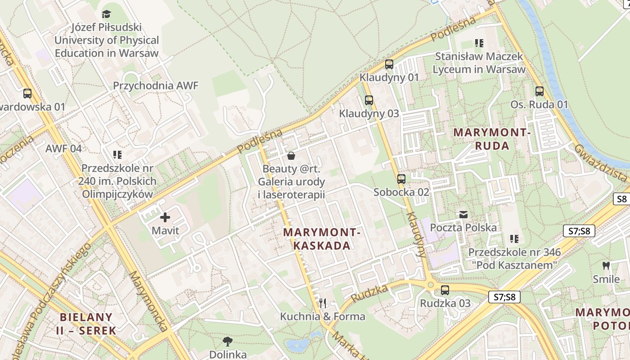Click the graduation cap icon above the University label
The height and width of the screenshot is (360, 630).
click(106, 14)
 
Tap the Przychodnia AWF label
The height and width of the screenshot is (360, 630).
click(155, 85)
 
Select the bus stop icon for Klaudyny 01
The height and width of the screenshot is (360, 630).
click(389, 64)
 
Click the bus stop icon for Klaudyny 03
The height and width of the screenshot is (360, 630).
click(369, 100)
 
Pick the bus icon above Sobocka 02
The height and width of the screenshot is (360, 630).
click(401, 179)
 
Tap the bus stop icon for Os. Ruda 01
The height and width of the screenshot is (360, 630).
click(539, 91)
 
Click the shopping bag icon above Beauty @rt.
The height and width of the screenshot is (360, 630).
click(291, 156)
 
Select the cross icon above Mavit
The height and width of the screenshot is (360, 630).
click(165, 217)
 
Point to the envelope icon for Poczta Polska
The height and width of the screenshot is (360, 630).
click(463, 215)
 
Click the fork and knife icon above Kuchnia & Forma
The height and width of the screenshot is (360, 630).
click(322, 303)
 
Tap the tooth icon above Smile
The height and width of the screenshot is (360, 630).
click(606, 265)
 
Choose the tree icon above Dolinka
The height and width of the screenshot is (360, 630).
click(228, 342)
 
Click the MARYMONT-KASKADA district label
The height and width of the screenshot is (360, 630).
click(322, 239)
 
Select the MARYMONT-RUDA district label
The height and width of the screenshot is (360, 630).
click(492, 139)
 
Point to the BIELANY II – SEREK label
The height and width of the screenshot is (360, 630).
click(86, 323)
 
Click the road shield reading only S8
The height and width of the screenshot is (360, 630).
click(621, 199)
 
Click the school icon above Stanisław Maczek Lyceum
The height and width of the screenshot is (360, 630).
click(479, 43)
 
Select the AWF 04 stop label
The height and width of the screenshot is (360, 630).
click(63, 148)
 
